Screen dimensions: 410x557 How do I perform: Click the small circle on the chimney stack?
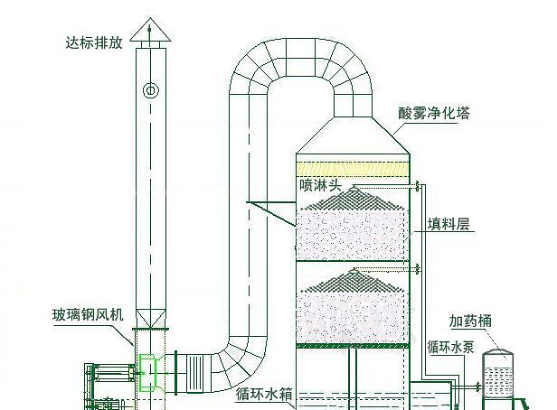coord(150,90)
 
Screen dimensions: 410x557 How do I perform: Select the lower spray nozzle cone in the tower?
coord(354,278)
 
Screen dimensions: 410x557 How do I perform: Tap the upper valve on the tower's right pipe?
coord(418,187)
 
